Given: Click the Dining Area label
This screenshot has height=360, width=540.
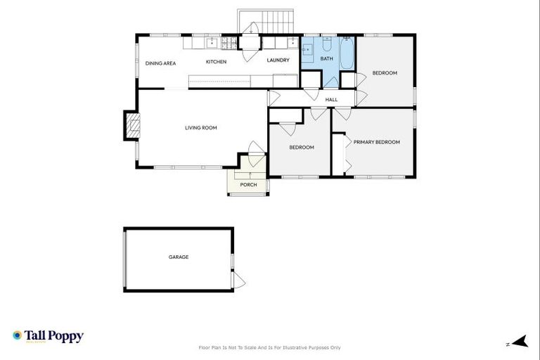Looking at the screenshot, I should tap(160, 63).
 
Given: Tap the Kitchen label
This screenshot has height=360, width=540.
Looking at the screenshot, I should tap(216, 62).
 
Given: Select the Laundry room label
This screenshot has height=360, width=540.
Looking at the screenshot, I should tap(278, 60).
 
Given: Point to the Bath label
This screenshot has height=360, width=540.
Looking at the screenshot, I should tap(326, 59).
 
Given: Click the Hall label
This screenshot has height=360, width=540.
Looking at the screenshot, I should tap(331, 100).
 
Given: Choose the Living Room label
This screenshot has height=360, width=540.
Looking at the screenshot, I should tap(200, 128).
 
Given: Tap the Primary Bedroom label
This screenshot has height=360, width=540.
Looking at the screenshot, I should tap(376, 142).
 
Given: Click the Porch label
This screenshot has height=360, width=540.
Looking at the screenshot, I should tap(248, 185).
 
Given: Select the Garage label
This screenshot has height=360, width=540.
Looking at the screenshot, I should tap(179, 257).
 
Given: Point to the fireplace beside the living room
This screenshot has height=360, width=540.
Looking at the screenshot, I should tap(131, 126).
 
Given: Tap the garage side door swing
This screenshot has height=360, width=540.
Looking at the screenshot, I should tap(238, 280).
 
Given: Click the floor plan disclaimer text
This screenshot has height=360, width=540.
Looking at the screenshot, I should tap(270, 347).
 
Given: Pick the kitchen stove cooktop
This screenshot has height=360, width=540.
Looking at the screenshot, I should tap(229, 43).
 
